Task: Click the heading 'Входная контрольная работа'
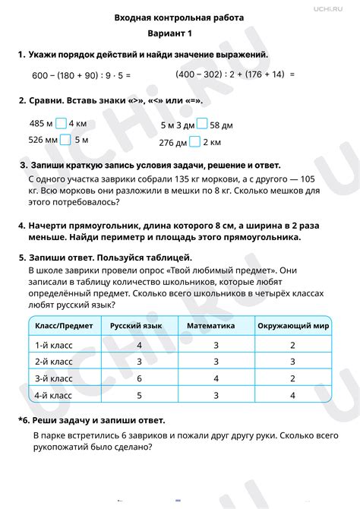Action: pos(179,17)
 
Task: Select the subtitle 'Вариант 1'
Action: pos(179,35)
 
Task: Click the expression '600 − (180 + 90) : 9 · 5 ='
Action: pos(82,76)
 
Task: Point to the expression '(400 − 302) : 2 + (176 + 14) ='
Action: pos(234,74)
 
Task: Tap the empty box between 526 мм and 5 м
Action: pos(66,139)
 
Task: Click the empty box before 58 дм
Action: pos(202,125)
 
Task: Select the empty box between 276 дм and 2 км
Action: pos(195,141)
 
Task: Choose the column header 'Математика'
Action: pos(216,325)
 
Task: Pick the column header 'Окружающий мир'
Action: pos(292,325)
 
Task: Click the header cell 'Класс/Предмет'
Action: pos(65,325)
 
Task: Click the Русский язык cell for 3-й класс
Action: pos(139,378)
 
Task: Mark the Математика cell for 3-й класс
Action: pos(216,378)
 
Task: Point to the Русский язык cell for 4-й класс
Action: pos(139,396)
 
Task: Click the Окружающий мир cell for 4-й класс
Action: pos(292,396)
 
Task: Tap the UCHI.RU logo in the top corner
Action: pos(331,8)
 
